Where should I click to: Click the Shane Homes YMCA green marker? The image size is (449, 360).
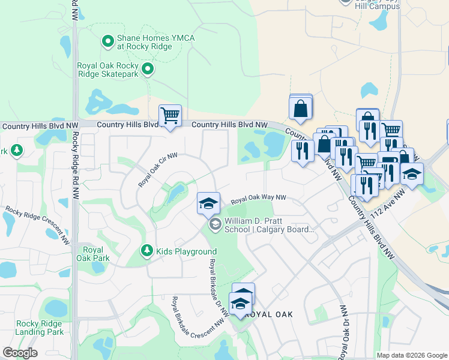click(x=108, y=41)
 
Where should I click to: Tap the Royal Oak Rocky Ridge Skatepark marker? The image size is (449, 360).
click(x=148, y=70)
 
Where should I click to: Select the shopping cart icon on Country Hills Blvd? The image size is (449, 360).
click(x=170, y=115)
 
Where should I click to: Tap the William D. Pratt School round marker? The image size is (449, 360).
click(x=214, y=225)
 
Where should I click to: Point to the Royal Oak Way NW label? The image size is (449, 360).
click(x=259, y=198)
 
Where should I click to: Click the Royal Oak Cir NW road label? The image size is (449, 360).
click(x=158, y=170)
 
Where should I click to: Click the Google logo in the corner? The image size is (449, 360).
click(x=20, y=353)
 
